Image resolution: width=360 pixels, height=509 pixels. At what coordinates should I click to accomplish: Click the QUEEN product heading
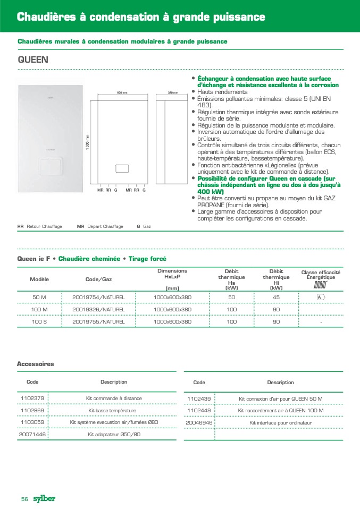tap(33, 60)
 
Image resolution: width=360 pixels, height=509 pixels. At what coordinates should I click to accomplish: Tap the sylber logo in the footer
tap(44, 498)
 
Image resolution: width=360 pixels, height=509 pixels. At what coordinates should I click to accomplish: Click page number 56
tap(24, 499)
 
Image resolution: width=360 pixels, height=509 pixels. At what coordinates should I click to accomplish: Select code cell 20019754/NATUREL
tap(98, 297)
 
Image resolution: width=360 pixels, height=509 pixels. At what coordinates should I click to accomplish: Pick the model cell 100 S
tap(40, 321)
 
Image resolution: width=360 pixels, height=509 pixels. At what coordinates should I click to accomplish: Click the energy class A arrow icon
tap(321, 297)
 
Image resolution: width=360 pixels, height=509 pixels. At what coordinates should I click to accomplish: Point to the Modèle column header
tap(39, 279)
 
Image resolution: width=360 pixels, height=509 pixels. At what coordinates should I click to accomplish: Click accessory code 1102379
tap(32, 398)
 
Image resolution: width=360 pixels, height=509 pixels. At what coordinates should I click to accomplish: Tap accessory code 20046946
tap(199, 422)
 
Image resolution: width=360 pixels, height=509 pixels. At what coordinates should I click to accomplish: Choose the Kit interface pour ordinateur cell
tap(280, 422)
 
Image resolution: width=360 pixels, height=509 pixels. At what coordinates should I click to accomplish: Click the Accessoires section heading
tap(36, 364)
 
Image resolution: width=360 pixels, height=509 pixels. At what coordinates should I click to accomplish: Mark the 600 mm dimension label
tap(122, 93)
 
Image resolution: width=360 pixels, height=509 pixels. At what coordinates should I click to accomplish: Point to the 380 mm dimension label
tap(173, 93)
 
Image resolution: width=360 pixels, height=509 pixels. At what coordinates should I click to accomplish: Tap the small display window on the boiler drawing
tap(122, 168)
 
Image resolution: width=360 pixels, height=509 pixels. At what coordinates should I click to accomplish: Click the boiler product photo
tap(51, 138)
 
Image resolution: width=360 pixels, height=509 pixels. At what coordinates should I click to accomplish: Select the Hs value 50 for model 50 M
tap(232, 297)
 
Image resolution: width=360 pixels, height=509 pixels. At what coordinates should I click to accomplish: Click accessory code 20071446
tap(32, 434)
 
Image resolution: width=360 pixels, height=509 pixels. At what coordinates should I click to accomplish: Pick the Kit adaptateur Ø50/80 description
tap(114, 434)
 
